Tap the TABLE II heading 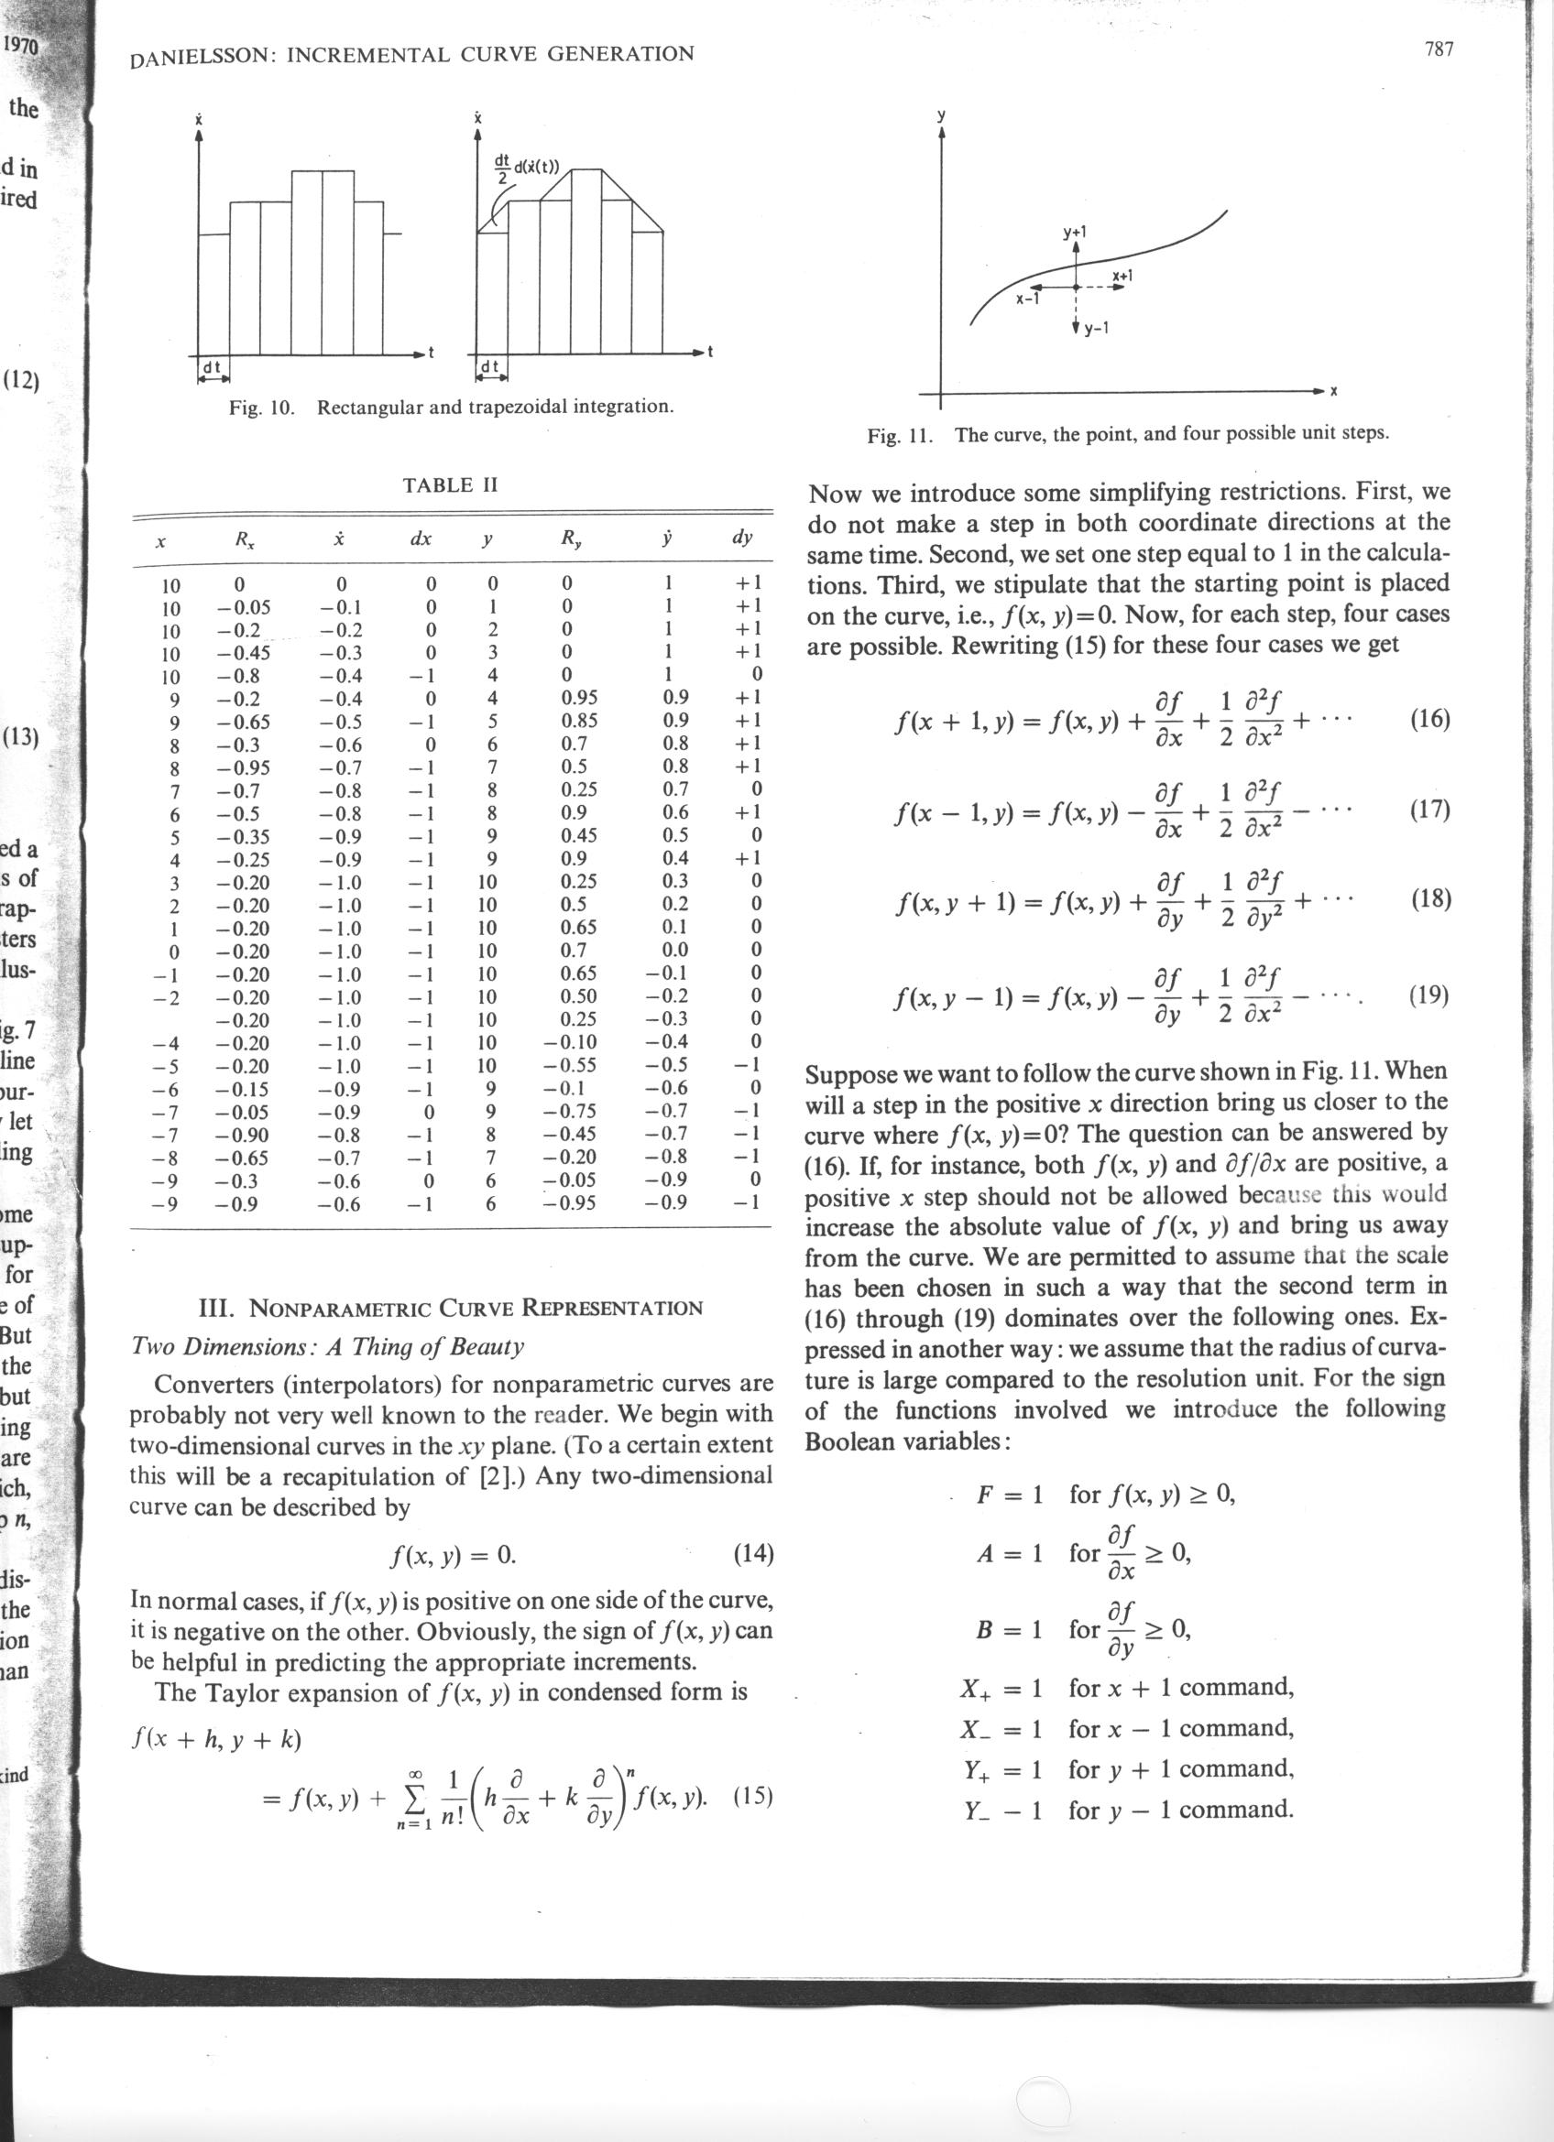click(x=450, y=485)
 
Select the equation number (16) click(x=1428, y=720)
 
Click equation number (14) click(x=753, y=1553)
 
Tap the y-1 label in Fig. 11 click(x=1095, y=330)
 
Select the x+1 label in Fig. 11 click(x=1122, y=276)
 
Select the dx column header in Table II click(x=421, y=539)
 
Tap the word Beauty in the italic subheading click(x=492, y=1346)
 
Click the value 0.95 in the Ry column click(x=579, y=698)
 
